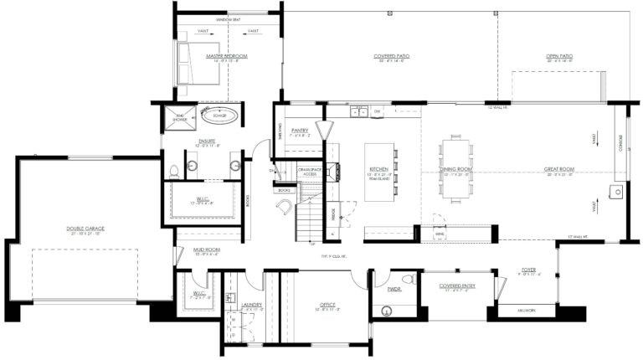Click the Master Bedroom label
click(228, 56)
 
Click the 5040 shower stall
click(179, 116)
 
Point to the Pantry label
click(301, 131)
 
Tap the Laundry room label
click(252, 305)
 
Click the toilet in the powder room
click(408, 280)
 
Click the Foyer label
click(528, 270)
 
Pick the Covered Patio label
click(389, 57)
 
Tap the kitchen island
click(380, 172)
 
